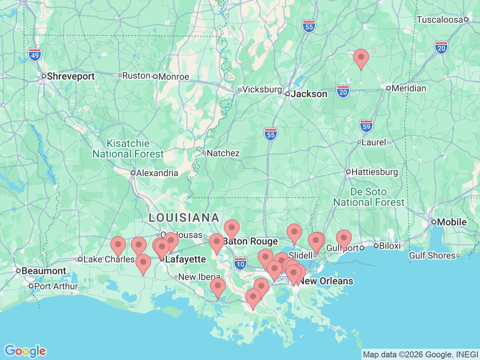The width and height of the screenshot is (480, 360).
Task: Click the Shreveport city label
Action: coord(70,76)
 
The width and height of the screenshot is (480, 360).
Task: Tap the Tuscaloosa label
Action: coord(439,19)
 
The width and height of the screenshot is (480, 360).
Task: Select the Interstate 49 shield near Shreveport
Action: coord(35,55)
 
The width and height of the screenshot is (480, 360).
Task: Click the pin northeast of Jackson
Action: coord(361,58)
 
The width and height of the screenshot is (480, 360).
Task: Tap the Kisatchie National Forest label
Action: coord(128,149)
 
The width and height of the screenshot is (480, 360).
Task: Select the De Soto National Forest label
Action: coord(369,197)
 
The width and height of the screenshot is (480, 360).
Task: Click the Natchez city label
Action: coord(223,153)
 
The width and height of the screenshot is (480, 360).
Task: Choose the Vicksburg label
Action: coord(262,90)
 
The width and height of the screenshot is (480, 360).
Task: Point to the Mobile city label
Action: coord(452,222)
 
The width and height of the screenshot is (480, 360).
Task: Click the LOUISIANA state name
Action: coord(184,217)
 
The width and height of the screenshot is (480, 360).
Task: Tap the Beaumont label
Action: coord(43,271)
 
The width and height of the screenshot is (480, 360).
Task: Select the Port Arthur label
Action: coord(56,286)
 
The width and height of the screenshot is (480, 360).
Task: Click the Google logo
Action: coord(25,351)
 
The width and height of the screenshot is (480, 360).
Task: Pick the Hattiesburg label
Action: coord(375,172)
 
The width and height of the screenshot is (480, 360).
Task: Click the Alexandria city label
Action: coord(157,173)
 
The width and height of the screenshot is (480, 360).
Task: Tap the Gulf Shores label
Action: coord(432,255)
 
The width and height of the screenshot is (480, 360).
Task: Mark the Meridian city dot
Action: coord(388,88)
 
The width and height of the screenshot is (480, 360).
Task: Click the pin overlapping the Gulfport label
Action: coord(343,238)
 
